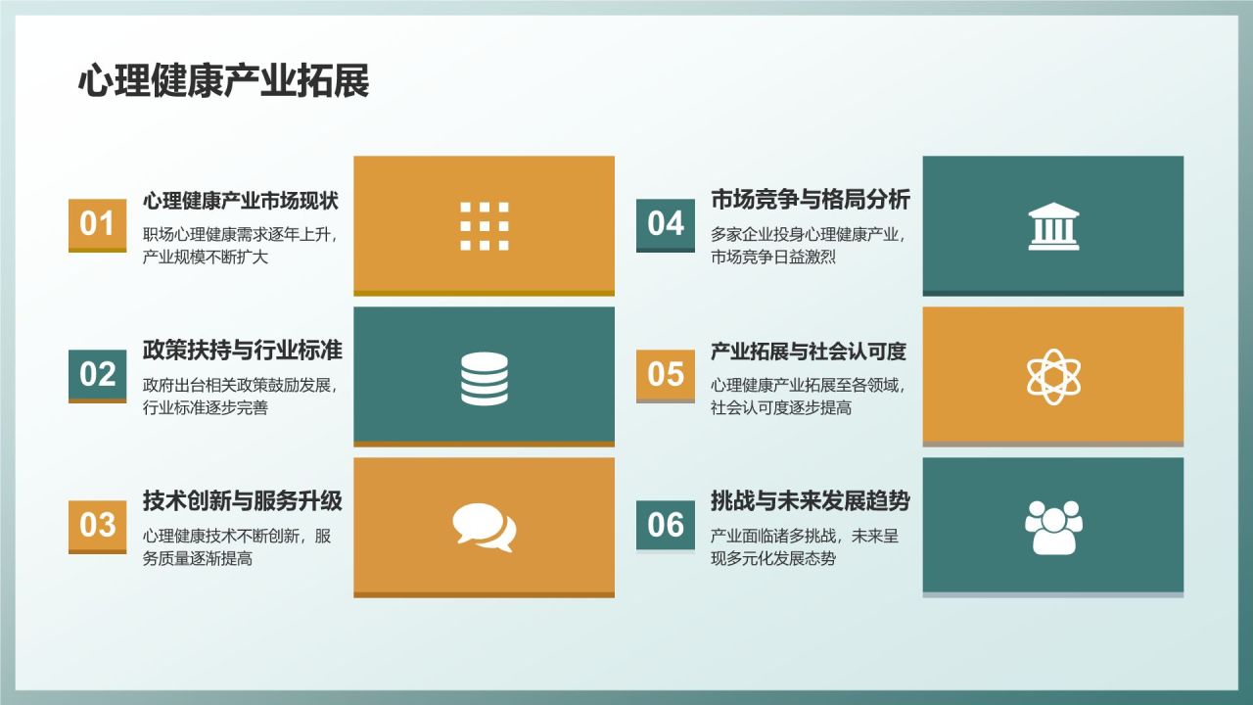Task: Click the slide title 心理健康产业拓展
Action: coord(223,82)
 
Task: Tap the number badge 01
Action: coord(97,223)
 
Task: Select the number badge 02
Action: coord(97,374)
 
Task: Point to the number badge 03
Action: coord(97,525)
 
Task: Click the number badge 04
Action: coord(666,223)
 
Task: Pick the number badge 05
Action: coord(666,374)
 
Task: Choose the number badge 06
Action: coord(666,525)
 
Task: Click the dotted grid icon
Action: coord(485,226)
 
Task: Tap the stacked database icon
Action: coord(485,378)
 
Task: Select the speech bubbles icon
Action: coord(485,528)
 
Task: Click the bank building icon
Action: coord(1053,226)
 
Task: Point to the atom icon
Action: coord(1053,376)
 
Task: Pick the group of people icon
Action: coord(1053,527)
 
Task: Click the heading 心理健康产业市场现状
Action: coord(241,201)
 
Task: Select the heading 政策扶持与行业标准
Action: coord(243,351)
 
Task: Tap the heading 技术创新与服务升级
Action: coord(243,501)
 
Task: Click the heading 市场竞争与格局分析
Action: coord(811,201)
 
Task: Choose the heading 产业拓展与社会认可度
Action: coord(809,351)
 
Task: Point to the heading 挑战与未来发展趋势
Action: coord(811,501)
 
